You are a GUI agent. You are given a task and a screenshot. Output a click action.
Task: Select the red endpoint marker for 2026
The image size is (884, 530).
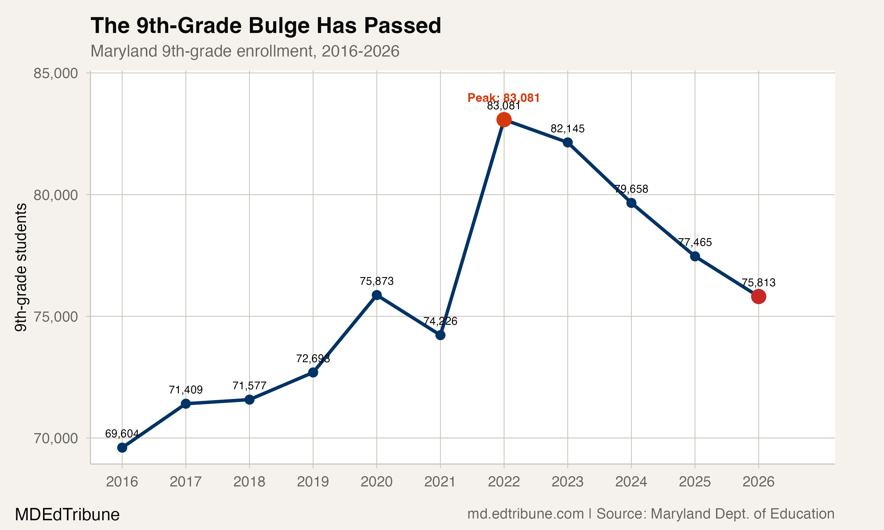click(x=758, y=297)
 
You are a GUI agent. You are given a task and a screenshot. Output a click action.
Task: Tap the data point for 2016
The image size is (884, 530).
click(x=122, y=448)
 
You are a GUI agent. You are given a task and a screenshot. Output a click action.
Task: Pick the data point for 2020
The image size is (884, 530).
click(x=377, y=295)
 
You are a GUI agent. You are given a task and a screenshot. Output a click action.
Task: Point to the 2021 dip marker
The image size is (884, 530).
click(x=440, y=335)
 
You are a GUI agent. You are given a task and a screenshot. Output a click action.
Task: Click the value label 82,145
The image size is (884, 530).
click(x=568, y=129)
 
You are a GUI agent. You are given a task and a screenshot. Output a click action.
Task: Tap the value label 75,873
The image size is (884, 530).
click(x=377, y=281)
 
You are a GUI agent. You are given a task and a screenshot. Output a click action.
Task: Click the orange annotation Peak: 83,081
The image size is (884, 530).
click(x=504, y=97)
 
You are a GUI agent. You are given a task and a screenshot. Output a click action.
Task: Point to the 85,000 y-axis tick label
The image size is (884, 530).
click(x=56, y=73)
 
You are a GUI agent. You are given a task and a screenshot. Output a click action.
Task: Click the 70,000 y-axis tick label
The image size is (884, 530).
click(x=56, y=438)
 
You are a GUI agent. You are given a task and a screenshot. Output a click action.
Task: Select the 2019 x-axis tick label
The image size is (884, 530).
click(x=313, y=482)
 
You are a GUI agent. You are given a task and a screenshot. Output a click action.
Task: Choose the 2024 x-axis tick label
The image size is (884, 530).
click(x=631, y=482)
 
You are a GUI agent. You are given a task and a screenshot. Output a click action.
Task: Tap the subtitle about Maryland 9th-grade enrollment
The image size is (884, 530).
click(x=245, y=51)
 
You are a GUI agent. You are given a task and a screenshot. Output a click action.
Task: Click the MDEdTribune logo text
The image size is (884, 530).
click(x=67, y=515)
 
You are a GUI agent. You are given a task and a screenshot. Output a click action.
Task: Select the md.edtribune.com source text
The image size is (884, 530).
click(x=525, y=514)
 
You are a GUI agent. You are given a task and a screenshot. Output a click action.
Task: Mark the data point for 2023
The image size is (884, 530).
click(x=568, y=143)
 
